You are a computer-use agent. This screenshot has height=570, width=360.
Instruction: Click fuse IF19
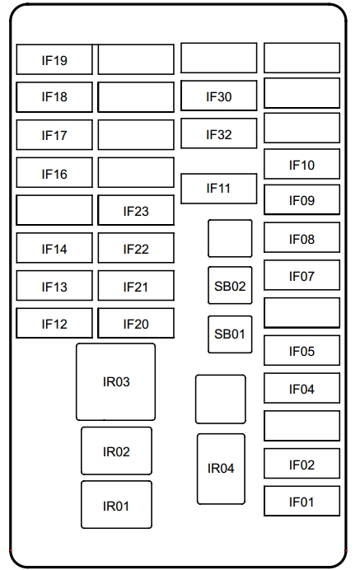54,60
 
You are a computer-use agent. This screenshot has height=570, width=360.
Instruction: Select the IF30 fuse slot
218,97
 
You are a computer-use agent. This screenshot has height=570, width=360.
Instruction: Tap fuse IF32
218,134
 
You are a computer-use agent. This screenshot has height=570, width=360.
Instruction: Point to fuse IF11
218,189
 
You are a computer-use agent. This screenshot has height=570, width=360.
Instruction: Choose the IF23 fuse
136,211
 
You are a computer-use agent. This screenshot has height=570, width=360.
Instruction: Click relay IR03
115,382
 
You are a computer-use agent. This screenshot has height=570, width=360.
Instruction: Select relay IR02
116,451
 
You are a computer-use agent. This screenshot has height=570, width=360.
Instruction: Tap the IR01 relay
116,505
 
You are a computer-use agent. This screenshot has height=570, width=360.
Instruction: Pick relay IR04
221,469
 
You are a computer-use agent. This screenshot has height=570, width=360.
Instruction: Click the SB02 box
230,286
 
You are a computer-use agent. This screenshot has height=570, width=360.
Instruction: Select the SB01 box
230,334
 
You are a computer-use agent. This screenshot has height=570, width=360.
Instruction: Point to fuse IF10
302,165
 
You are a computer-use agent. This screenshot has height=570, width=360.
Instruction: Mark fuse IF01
302,501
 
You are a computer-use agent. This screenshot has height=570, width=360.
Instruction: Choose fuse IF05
302,351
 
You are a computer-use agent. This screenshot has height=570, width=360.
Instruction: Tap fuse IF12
54,324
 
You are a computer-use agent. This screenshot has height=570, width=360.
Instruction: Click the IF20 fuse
136,324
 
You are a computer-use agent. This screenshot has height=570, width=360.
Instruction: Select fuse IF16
54,173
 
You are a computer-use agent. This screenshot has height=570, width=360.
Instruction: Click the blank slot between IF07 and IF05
302,313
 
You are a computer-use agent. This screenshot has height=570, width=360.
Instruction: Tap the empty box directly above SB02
230,239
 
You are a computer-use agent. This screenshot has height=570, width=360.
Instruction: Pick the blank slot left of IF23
54,210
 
